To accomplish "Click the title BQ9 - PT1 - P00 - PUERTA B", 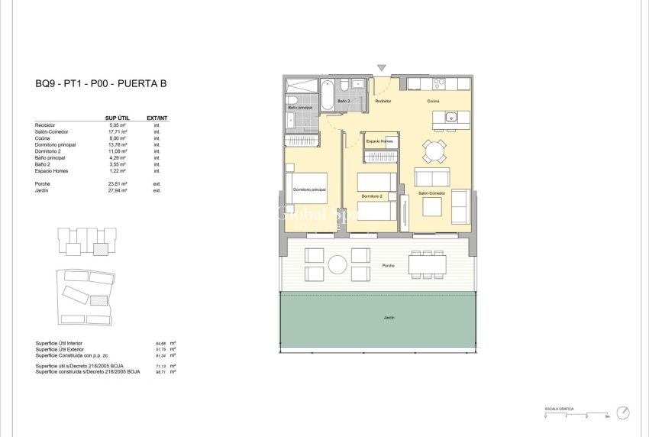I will pos(100,85).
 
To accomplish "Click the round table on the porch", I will pos(337,264).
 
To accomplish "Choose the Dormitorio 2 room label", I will pos(372,197).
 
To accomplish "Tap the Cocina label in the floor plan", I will pos(432,101).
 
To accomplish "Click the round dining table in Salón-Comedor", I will pos(434,151).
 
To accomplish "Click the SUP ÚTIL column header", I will pos(115,118).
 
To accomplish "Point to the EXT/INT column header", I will pos(157,118).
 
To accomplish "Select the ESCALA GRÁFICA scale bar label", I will pos(559,409).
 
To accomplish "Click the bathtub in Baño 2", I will pos(326,95).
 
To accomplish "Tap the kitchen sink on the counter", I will pos(451,117).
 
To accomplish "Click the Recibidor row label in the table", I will pos(46,125).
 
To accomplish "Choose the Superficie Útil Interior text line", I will pos(66,344).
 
